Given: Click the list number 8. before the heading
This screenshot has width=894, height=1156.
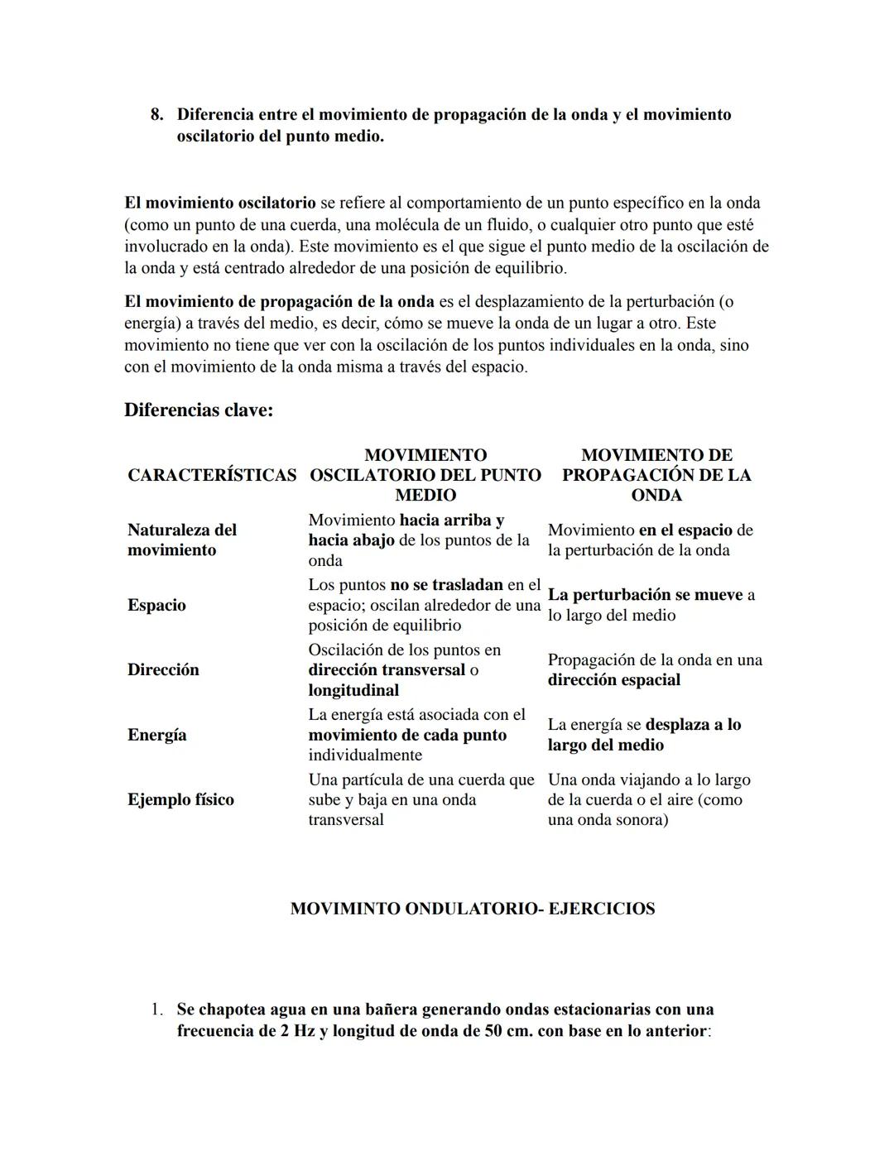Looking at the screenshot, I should pos(156,115).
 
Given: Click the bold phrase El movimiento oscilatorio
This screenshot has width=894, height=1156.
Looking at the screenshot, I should pos(220,203).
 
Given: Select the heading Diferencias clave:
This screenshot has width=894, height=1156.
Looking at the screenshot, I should pos(199,410).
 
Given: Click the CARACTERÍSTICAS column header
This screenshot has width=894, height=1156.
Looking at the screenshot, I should pos(212,475).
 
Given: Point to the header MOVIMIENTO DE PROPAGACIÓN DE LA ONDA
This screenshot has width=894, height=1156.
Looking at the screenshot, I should pos(656,475).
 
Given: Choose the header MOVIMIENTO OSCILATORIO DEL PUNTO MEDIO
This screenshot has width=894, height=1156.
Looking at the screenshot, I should pos(425,475).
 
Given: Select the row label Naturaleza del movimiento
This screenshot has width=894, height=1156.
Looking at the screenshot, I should pos(182,540).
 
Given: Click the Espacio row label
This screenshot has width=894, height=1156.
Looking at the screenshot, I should pos(156,605).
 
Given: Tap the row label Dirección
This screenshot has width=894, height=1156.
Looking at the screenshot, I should pos(163,669).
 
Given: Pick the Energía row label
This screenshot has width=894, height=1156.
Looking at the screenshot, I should pos(156,735).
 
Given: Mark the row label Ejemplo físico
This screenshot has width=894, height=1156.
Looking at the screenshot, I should pos(180,799).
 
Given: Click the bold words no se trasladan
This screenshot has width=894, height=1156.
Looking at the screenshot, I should pos(446,585).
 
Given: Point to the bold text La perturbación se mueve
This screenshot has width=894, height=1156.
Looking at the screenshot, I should pos(645,595).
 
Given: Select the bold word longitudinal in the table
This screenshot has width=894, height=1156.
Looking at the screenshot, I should pos(353,690).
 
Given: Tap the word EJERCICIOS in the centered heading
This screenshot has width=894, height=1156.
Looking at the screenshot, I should pos(602,909).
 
